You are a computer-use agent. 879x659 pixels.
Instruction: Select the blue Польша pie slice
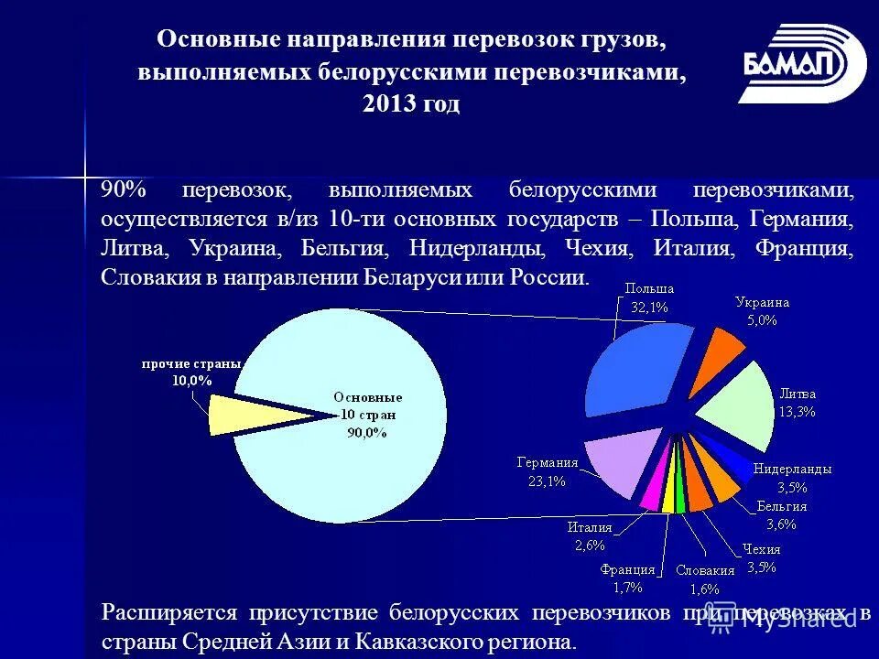pyautogui.click(x=636, y=371)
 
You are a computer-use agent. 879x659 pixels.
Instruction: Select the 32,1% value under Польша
pyautogui.click(x=649, y=308)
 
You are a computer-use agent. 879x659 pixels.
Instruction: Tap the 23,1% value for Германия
pyautogui.click(x=547, y=480)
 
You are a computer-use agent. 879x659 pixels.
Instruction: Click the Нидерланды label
pyautogui.click(x=792, y=469)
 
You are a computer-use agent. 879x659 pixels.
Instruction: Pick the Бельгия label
pyautogui.click(x=781, y=506)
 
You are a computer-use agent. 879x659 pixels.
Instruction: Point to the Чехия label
pyautogui.click(x=761, y=549)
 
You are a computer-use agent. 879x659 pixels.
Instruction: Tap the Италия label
pyautogui.click(x=589, y=526)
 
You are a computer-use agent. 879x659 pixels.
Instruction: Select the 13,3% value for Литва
pyautogui.click(x=797, y=411)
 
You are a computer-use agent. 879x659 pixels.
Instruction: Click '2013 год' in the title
pyautogui.click(x=411, y=105)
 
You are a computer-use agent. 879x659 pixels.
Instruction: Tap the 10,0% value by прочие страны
pyautogui.click(x=191, y=379)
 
